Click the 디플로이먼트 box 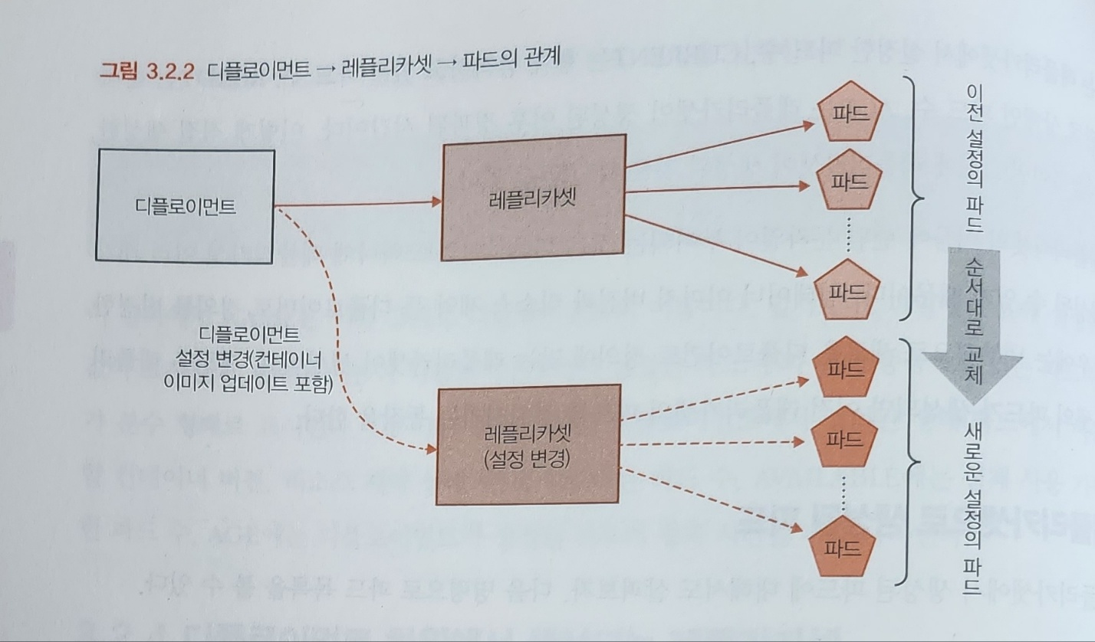click(185, 206)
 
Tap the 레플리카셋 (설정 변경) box click(528, 444)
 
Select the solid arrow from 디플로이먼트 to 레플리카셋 click(357, 204)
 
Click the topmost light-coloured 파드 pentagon click(847, 113)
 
